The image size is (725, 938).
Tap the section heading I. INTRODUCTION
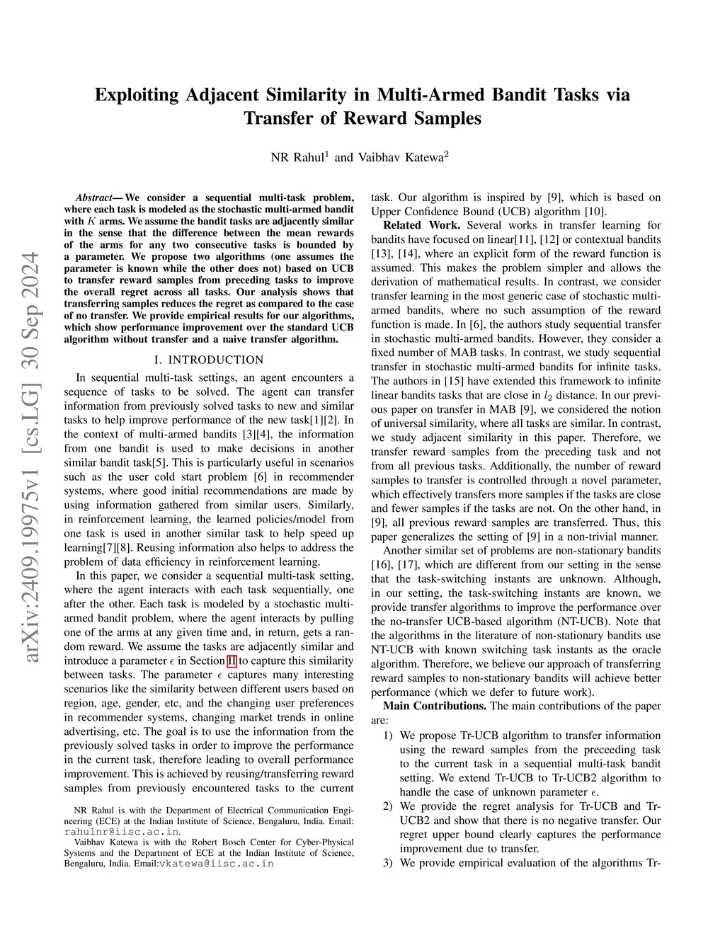tap(209, 360)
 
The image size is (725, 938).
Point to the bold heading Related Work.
tap(421, 225)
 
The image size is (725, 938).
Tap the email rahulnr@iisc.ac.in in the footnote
tap(121, 832)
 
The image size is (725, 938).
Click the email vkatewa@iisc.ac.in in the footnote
tap(216, 864)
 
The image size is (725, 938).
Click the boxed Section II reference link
tap(232, 660)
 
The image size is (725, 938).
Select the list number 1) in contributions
tap(388, 736)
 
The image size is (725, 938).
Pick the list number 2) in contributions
tap(388, 806)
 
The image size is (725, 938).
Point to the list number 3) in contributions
tap(388, 863)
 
